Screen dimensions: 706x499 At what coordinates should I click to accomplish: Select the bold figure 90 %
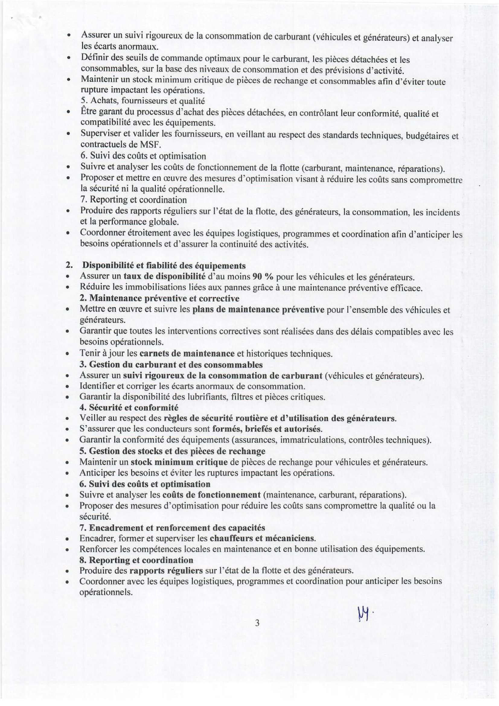263,276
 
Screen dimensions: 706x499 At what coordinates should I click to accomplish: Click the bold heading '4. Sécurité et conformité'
129,408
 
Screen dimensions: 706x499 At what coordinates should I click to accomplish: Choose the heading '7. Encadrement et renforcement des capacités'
172,528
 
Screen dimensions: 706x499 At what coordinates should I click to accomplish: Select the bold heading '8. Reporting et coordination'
136,560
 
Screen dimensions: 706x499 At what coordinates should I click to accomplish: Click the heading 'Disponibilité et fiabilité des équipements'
164,265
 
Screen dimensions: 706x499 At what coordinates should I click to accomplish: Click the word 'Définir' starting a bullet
94,58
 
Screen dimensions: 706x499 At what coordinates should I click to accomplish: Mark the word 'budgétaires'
427,136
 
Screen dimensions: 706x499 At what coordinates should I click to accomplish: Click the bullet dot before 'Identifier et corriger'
67,387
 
